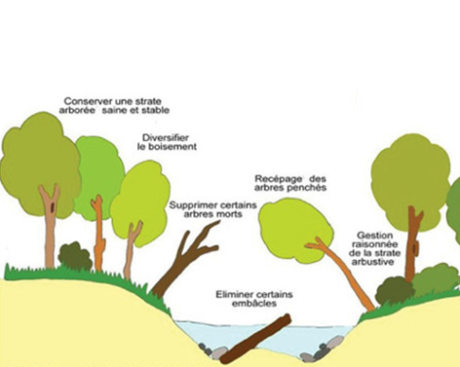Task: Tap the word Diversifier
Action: click(x=166, y=137)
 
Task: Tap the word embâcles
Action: click(x=254, y=304)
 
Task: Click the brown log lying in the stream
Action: click(x=255, y=340)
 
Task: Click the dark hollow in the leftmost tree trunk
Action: click(x=53, y=206)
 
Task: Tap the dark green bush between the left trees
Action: click(x=75, y=256)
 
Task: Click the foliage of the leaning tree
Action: click(x=295, y=229)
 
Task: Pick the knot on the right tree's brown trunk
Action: click(x=415, y=248)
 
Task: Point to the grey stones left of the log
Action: click(x=212, y=351)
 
